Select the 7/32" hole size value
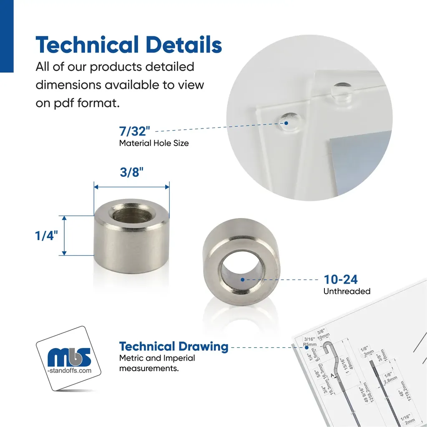(x=134, y=132)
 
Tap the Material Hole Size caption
(x=154, y=143)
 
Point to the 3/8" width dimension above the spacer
(x=132, y=173)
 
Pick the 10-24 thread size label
(x=341, y=279)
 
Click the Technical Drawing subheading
(x=173, y=347)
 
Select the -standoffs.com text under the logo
(x=69, y=370)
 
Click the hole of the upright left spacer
(x=131, y=216)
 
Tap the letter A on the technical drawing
(x=332, y=375)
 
